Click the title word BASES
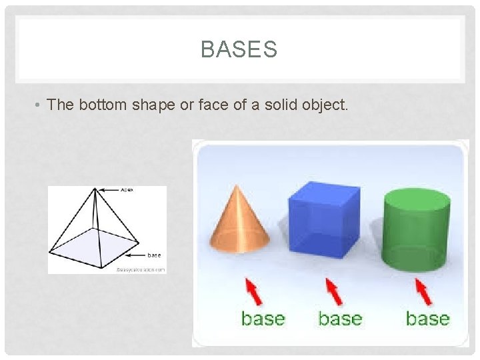click(x=239, y=49)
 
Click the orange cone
click(x=240, y=220)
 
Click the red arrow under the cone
click(x=254, y=292)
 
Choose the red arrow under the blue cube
click(x=335, y=291)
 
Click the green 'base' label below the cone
click(x=263, y=319)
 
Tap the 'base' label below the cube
click(x=340, y=319)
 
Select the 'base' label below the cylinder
click(x=427, y=319)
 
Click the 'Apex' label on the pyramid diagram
click(x=127, y=190)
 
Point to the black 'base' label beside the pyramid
click(x=154, y=255)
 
